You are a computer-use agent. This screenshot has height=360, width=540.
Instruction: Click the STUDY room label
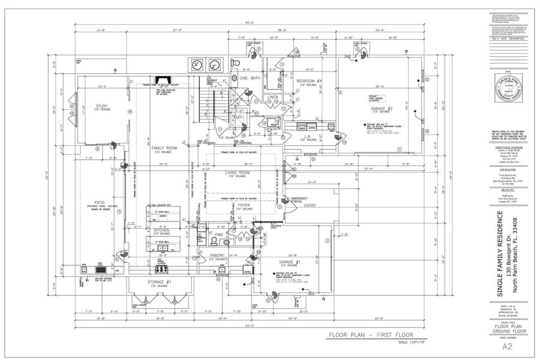(101, 106)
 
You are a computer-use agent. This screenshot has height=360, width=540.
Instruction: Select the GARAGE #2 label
(382, 109)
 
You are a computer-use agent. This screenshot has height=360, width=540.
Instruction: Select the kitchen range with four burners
(163, 269)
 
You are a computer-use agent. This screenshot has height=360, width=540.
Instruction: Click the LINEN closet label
(273, 97)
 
